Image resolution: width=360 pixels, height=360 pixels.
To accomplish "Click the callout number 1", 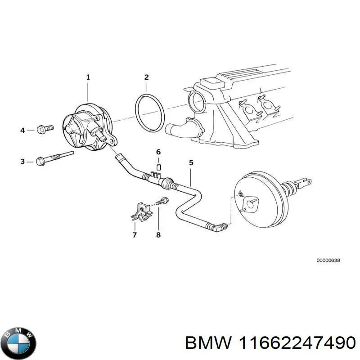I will [88, 77].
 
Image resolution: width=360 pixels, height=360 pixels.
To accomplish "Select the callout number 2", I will [146, 77].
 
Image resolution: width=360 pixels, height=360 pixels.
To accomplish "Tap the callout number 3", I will [22, 161].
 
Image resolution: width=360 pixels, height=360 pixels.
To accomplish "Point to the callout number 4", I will [22, 130].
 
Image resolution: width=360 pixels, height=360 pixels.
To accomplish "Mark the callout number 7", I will [134, 234].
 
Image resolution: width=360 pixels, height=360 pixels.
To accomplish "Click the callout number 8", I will [158, 234].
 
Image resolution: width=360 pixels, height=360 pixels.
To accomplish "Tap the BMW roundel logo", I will [18, 342].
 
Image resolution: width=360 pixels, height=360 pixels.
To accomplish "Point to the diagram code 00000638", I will [328, 261].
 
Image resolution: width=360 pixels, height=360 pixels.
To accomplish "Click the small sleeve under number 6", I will [158, 162].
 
